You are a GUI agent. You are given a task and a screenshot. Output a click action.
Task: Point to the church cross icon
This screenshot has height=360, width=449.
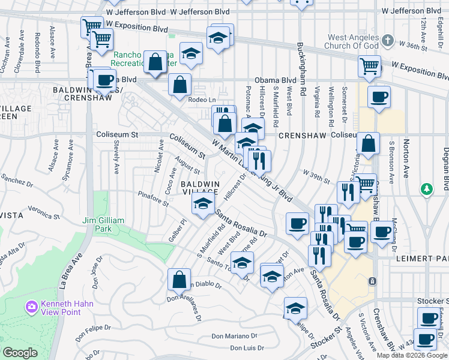point(388,41)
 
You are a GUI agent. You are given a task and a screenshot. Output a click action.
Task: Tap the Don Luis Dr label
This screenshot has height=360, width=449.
point(247,348)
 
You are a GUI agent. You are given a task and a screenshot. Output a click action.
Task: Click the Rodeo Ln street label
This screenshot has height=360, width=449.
point(200,100)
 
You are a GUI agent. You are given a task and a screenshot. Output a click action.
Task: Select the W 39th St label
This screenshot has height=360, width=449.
point(316,177)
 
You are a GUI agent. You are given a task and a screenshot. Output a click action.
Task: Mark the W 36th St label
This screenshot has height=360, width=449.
point(429,45)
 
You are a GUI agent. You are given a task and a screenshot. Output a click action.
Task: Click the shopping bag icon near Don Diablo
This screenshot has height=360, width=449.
point(179,279)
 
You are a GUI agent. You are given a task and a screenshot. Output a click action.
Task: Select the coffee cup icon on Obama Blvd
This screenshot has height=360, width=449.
point(104,80)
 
